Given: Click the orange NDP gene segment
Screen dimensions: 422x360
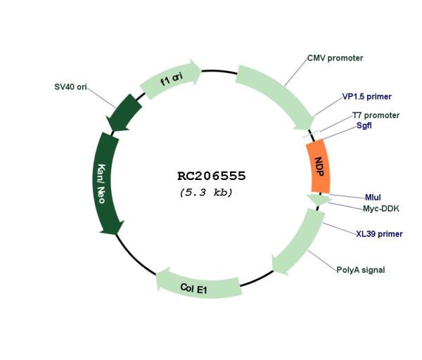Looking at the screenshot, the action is pos(319,167).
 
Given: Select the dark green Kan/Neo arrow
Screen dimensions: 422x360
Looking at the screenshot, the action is pos(105,183).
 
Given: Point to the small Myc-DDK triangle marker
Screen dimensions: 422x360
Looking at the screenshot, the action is pos(319,200).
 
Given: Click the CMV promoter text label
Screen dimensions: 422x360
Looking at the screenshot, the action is pos(335,58).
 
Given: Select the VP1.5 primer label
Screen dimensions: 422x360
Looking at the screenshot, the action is pos(366,96).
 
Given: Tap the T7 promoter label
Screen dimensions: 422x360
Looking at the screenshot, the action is pos(376,115).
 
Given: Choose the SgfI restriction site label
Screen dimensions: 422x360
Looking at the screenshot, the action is pos(364,125).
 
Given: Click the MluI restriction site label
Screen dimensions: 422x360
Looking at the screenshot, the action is pos(373,198).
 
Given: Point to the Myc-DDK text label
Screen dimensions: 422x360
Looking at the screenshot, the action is pos(381,209).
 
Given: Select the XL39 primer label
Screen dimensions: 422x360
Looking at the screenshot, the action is pos(379,234).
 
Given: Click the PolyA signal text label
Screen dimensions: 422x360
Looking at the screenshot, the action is pos(361,270).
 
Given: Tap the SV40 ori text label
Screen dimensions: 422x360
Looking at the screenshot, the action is pos(70,87).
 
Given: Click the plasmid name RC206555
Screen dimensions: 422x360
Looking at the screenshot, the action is pos(212,176).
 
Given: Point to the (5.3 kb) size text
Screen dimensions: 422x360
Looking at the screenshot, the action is pos(206,193).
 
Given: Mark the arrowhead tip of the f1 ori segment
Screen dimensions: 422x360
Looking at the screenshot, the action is pos(202,70).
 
